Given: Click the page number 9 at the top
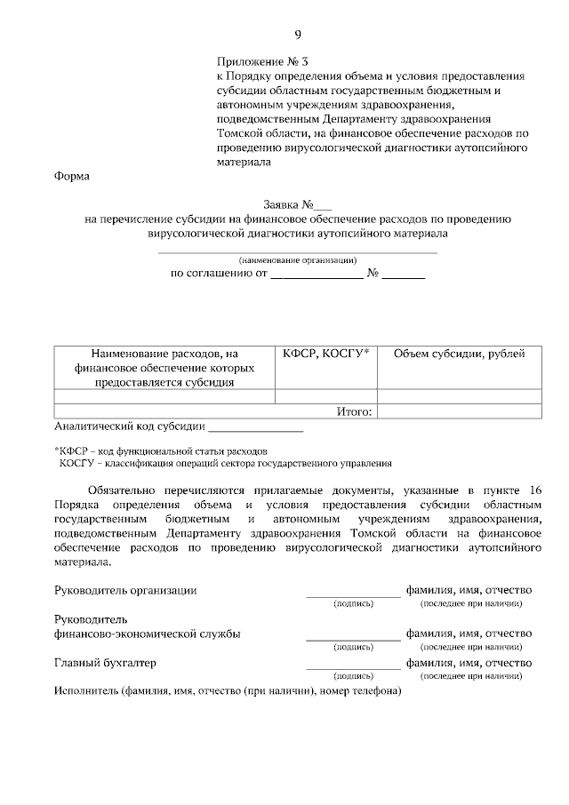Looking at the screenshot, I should [298, 35].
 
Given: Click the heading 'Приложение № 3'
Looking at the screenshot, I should [262, 62].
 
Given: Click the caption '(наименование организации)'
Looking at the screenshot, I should [297, 260].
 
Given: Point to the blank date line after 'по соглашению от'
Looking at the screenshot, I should [316, 274].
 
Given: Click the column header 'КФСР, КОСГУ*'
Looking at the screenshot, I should [325, 354].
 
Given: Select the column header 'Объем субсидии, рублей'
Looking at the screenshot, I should [459, 354].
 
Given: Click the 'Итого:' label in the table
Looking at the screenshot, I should [356, 411].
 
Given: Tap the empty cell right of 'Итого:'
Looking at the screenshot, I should [459, 411].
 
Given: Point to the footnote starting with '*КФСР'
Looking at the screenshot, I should [160, 451].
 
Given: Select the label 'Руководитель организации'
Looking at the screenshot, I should [125, 590].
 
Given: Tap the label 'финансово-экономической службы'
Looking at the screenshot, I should [147, 634].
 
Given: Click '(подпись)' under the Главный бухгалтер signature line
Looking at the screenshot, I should [353, 676].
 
